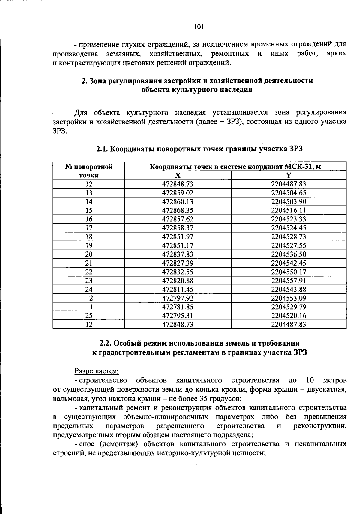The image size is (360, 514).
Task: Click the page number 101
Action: coord(199,27)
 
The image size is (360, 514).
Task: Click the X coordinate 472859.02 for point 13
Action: coord(178,193)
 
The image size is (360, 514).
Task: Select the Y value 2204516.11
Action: coord(289,210)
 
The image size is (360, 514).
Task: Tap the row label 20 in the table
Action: coord(89,254)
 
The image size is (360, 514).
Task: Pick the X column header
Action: coord(178,175)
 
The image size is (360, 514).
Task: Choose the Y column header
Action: coord(289,175)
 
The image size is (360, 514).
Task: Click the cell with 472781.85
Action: coord(178,307)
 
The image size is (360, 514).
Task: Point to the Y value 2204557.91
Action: coord(289,281)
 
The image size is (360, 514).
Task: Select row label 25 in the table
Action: coord(89,316)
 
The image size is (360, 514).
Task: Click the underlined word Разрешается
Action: coord(96,371)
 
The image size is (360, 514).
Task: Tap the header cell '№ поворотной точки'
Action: coord(89,171)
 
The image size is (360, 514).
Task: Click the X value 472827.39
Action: coord(178,263)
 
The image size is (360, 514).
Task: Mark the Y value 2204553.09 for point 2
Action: coord(289,299)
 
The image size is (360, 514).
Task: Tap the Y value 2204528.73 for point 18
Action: coord(289,237)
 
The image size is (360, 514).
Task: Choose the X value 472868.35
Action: coord(178,210)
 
